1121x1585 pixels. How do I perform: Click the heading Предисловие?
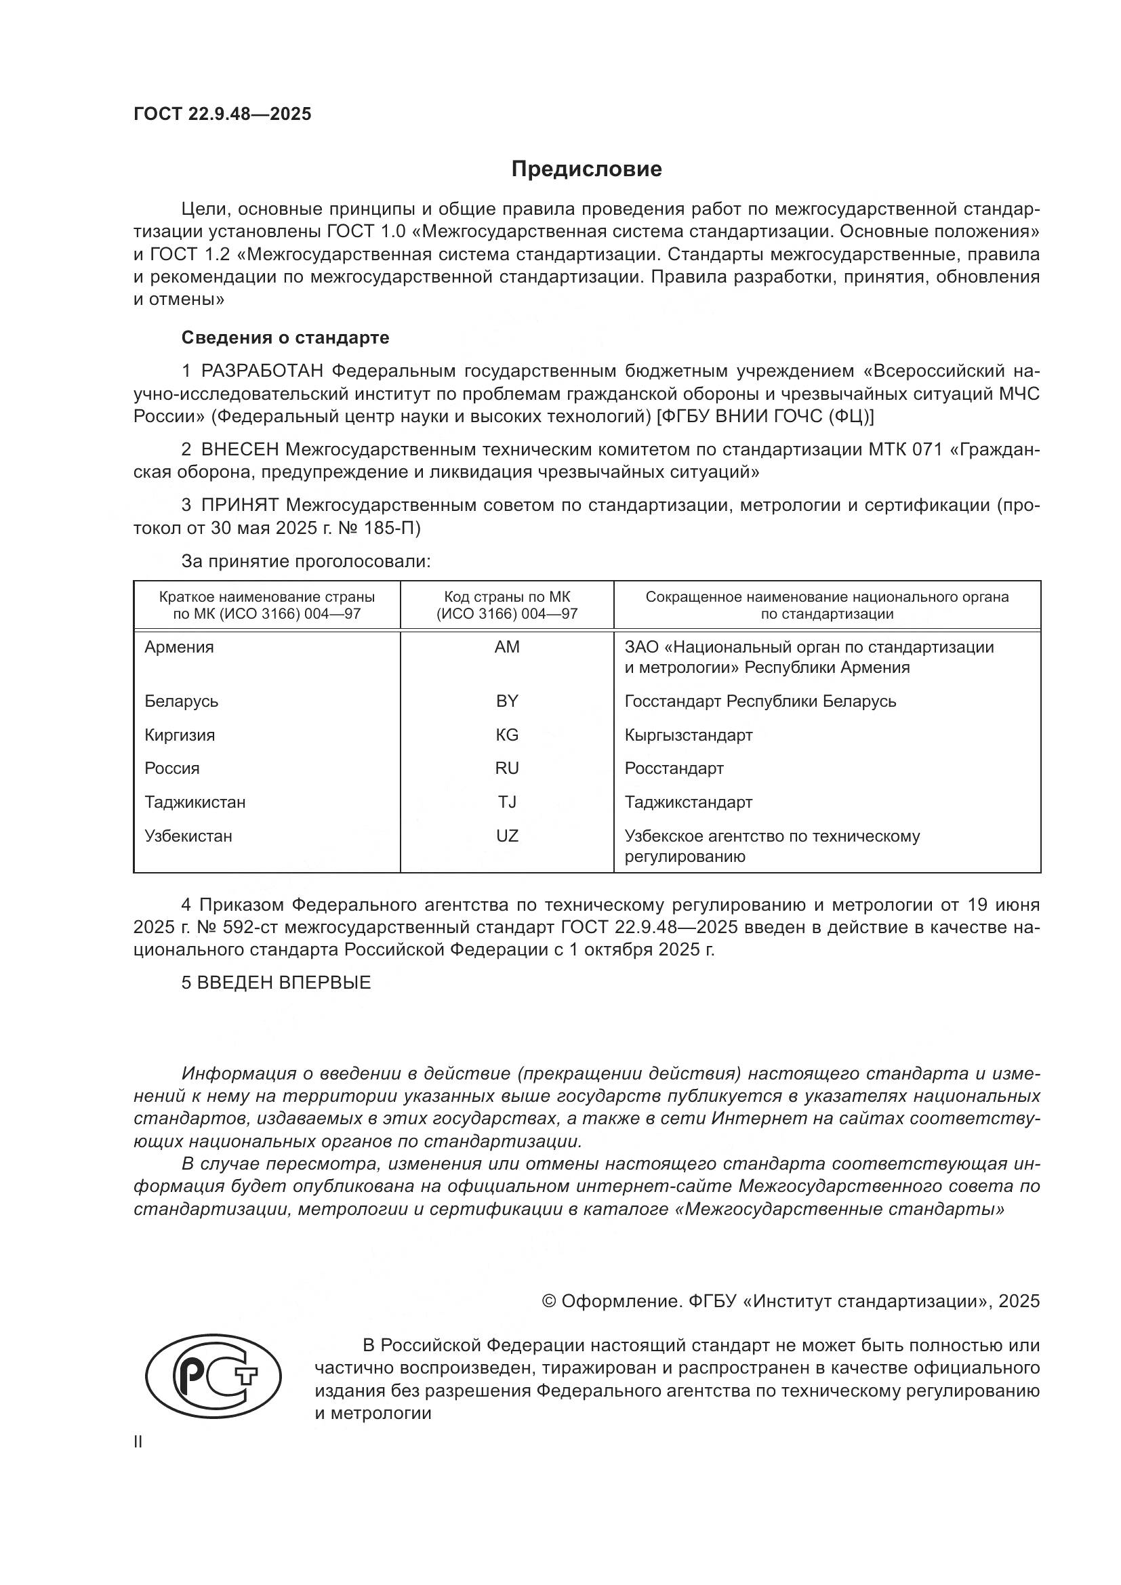pos(586,169)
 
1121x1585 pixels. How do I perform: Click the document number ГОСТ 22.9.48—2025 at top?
pos(222,114)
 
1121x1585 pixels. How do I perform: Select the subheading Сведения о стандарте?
pos(285,337)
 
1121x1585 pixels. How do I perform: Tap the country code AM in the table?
pos(507,647)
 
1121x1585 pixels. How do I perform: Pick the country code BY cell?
pos(507,701)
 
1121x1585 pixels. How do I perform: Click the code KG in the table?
pos(507,735)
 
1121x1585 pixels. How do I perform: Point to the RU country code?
pos(507,768)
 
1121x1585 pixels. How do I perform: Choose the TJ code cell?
pos(507,802)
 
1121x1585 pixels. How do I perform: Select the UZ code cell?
pos(507,836)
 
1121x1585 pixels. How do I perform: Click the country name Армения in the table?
pos(180,647)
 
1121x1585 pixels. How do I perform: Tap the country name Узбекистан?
pos(188,836)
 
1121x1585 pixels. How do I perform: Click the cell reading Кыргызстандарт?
pos(688,735)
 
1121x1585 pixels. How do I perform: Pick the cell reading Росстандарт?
pos(674,768)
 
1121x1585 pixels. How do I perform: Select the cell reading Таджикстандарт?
pos(688,802)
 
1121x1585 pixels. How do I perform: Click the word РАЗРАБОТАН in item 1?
pos(262,371)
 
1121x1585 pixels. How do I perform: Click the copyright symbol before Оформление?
pos(550,1301)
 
